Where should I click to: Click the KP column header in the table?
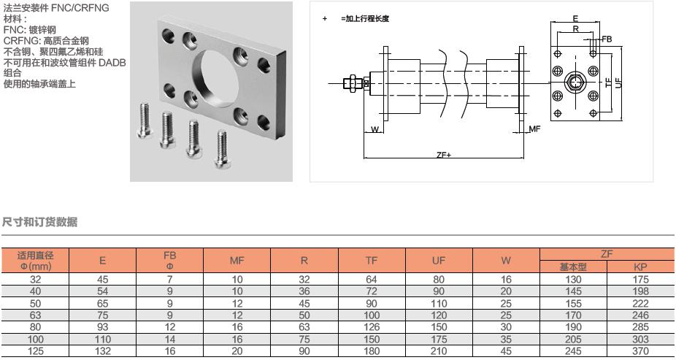click(x=641, y=267)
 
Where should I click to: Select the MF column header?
click(x=237, y=261)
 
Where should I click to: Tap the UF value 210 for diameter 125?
click(x=439, y=351)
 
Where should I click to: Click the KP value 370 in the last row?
click(x=641, y=351)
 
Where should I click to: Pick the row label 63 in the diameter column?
click(x=36, y=315)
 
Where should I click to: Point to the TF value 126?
click(x=372, y=326)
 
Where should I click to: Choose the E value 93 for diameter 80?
click(x=102, y=326)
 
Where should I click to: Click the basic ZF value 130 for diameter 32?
click(x=573, y=279)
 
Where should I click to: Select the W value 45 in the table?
click(x=506, y=351)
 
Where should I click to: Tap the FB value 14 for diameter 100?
click(x=169, y=339)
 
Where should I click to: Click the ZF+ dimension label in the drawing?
click(x=443, y=155)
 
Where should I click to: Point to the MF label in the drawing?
click(x=534, y=129)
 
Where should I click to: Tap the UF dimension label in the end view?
click(x=619, y=83)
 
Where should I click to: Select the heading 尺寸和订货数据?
click(x=39, y=221)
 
